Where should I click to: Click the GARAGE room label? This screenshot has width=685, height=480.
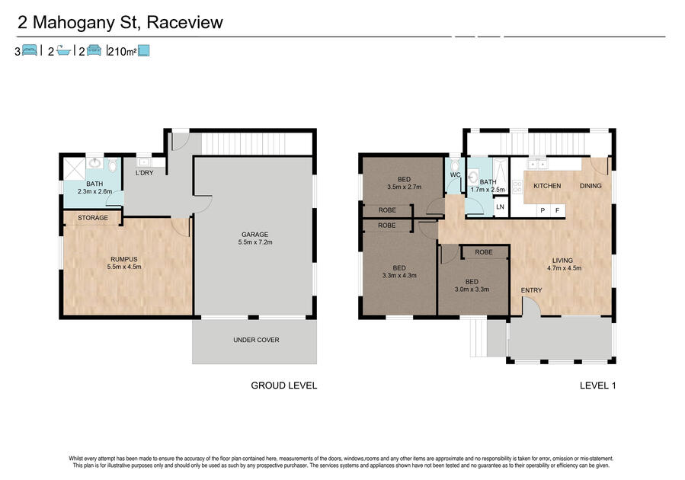(255, 235)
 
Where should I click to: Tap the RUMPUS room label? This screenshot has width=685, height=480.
(124, 259)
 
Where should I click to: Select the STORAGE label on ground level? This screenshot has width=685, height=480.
(93, 217)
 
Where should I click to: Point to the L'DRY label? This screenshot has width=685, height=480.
(144, 173)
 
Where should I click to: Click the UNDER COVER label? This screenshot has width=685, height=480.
(256, 340)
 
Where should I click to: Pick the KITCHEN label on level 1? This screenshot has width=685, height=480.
(547, 186)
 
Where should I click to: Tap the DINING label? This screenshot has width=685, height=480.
(591, 186)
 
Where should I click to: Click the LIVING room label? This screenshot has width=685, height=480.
(562, 261)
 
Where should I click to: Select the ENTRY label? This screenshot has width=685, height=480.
(531, 290)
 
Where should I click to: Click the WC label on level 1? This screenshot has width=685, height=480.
(455, 174)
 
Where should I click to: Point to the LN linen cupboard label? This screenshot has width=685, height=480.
(500, 206)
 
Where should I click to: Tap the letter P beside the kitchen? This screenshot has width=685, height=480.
(543, 210)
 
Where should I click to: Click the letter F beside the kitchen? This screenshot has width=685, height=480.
(558, 210)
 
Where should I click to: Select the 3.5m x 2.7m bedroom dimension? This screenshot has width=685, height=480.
(404, 187)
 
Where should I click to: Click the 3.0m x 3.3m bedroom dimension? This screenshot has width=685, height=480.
(472, 289)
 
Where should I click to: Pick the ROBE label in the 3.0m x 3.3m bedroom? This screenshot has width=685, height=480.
(484, 252)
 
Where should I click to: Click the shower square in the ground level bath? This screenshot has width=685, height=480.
(74, 168)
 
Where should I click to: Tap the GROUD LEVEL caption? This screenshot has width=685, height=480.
(284, 386)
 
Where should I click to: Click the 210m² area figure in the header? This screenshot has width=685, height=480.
(123, 52)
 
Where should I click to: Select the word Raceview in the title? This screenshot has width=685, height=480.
(185, 22)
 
